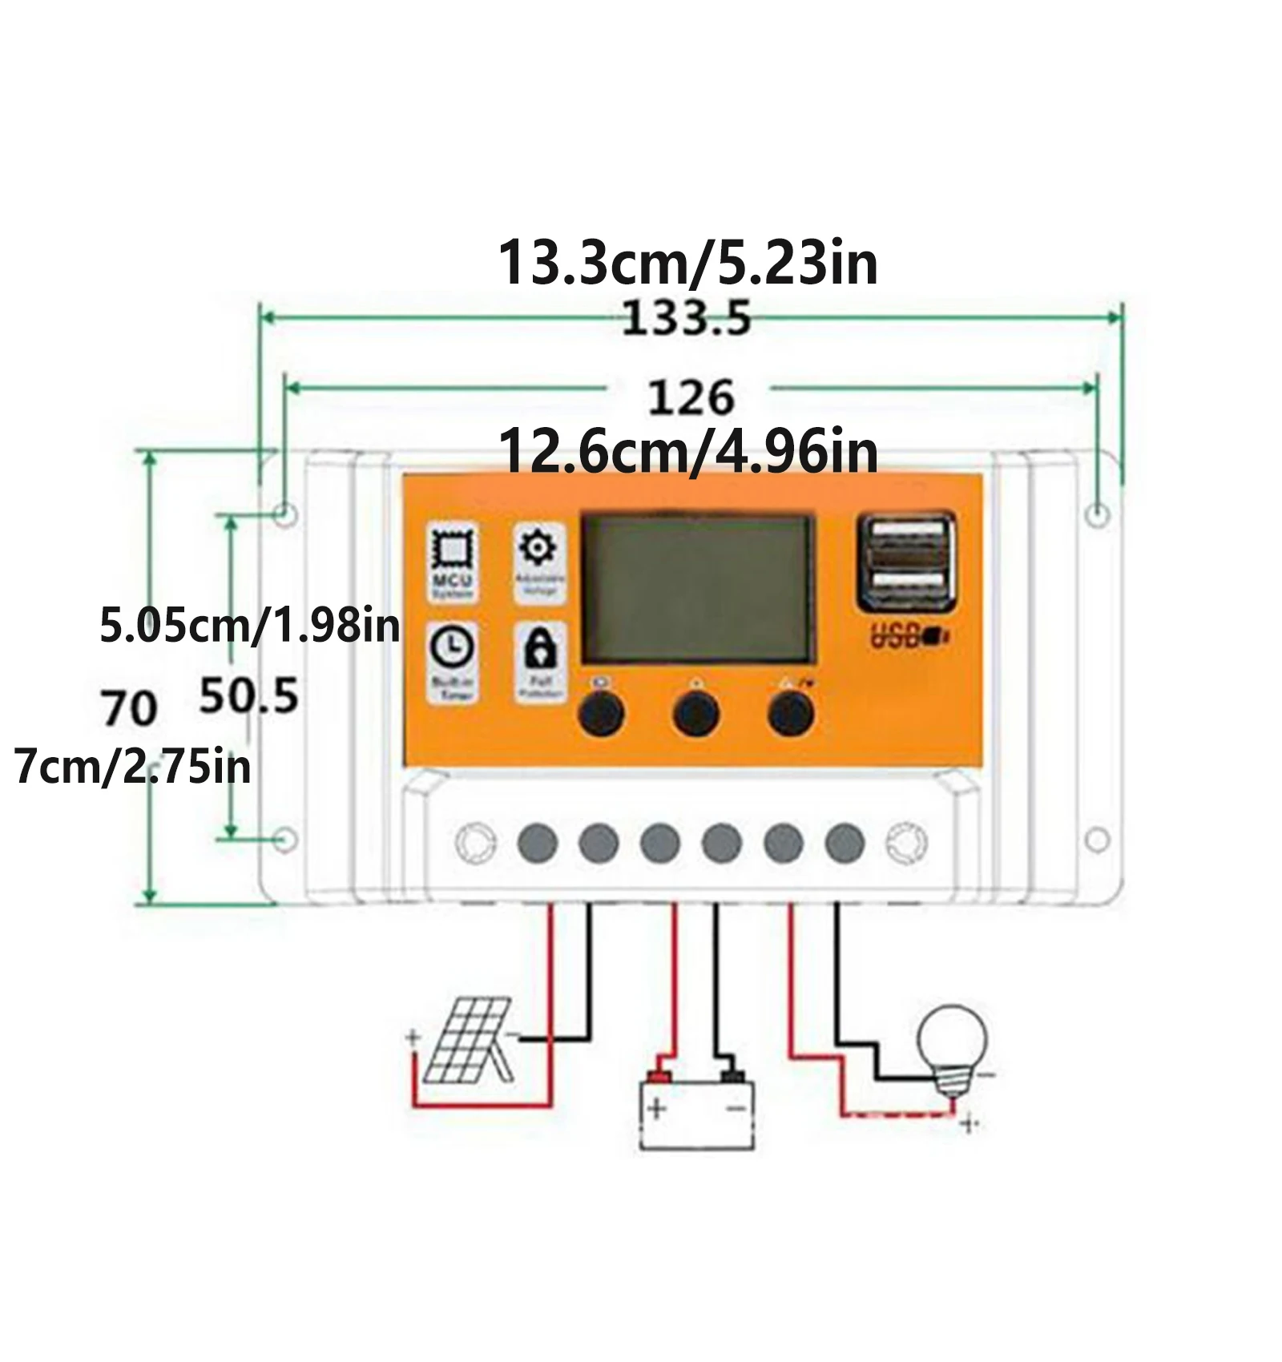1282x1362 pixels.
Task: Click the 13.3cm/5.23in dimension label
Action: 687,263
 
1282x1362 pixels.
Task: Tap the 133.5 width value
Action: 687,318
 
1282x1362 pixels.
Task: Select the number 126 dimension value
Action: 690,397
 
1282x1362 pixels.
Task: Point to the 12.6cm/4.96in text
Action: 687,452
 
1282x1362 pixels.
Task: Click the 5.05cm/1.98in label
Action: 249,625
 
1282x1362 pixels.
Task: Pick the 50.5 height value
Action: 248,695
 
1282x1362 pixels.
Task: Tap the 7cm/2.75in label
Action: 133,767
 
